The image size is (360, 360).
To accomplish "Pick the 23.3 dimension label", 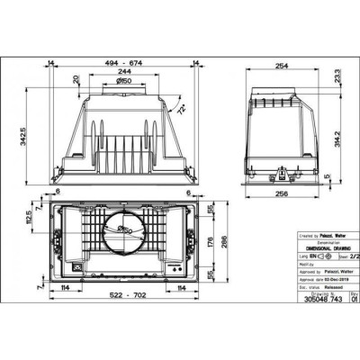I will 337,79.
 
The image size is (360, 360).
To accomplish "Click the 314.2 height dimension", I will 337,139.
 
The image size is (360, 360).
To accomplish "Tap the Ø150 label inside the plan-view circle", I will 126,231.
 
